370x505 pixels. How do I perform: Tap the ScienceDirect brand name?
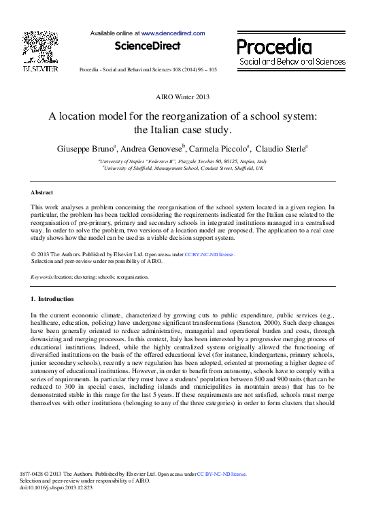148,46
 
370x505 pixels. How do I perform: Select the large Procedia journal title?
274,46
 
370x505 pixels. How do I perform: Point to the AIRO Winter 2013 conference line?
183,97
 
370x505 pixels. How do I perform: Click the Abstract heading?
44,192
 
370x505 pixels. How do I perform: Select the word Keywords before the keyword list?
42,277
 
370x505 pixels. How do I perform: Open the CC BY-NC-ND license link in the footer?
222,474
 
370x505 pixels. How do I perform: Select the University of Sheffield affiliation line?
182,168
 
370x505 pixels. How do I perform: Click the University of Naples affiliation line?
182,161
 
